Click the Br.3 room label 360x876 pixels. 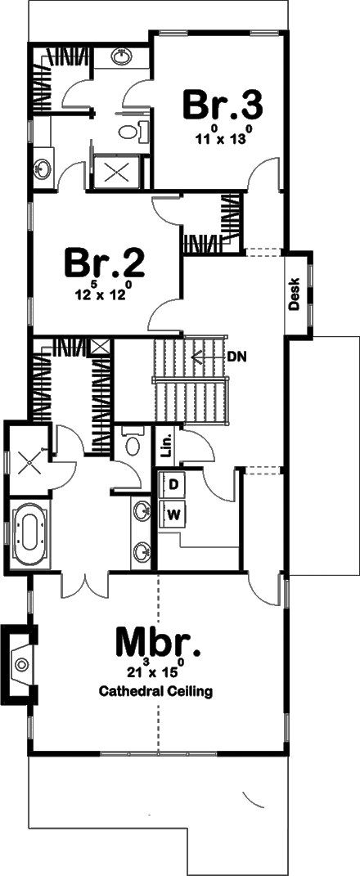point(222,106)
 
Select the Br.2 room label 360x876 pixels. point(105,263)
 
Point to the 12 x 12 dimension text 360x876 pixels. point(105,294)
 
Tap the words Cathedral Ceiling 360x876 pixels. point(155,692)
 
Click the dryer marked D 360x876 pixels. point(173,484)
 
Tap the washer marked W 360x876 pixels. point(173,514)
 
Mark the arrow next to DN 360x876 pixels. point(200,356)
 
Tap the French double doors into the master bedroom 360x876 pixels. point(83,583)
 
